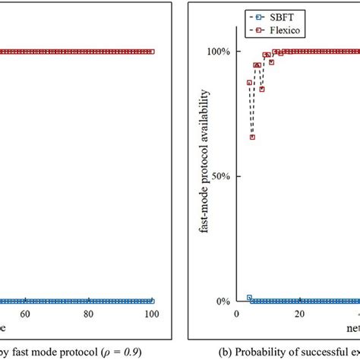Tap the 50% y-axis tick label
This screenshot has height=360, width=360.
coord(220,176)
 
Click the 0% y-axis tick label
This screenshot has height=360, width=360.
coord(223,302)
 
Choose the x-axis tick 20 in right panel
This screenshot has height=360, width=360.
coord(299,314)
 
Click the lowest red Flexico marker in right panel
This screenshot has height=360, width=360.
coord(252,137)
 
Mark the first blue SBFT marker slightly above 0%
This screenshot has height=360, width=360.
coord(249,298)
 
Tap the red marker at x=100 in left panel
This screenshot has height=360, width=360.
coord(152,52)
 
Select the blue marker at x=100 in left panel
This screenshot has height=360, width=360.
coord(152,301)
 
